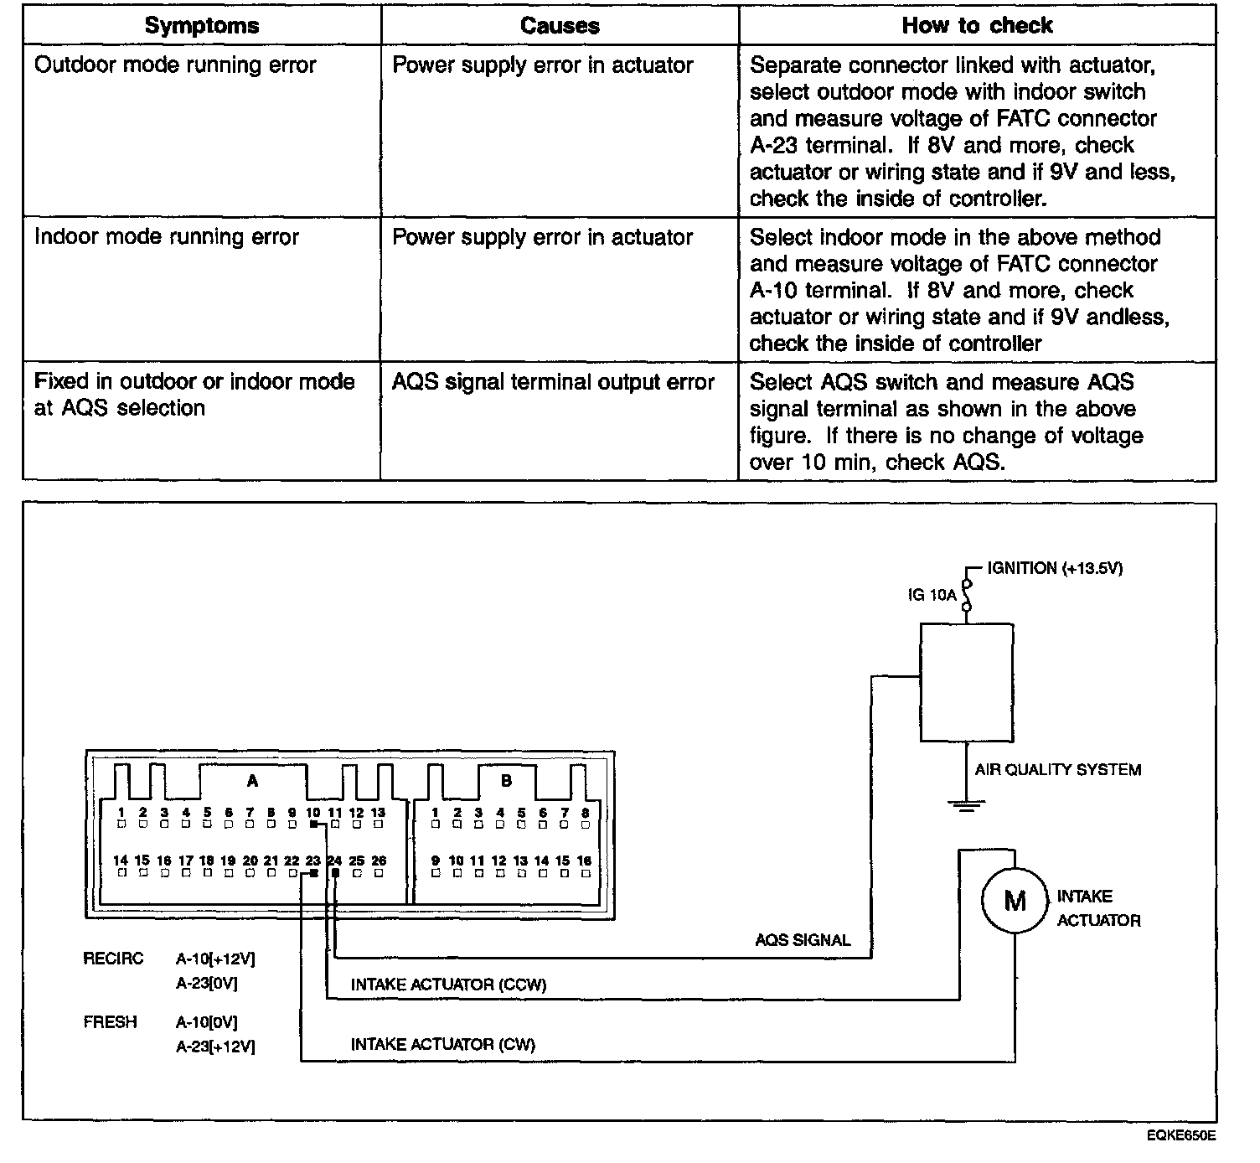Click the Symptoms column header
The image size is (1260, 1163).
coord(201,26)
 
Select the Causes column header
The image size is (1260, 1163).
coord(560,26)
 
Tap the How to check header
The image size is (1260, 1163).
coord(977,26)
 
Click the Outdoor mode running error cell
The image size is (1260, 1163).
coord(175,65)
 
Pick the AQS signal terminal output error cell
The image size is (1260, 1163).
coord(553,382)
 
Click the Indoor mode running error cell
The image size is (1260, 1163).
coord(166,237)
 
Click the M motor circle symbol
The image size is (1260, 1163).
coord(1015,901)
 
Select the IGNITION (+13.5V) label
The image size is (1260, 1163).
coord(1055,568)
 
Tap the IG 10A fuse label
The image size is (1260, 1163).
coord(932,595)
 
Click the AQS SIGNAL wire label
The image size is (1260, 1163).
coord(803,940)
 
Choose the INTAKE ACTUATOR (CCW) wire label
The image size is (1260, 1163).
coord(448,985)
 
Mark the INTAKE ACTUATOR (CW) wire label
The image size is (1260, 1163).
coord(442,1044)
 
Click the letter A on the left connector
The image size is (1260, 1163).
coord(252,781)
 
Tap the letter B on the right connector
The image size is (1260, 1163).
coord(506,781)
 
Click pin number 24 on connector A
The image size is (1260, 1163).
coord(334,861)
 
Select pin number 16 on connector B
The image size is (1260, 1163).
coord(584,861)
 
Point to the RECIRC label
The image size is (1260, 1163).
coord(113,959)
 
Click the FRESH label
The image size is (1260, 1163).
coord(110,1022)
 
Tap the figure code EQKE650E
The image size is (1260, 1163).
coord(1182,1136)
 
